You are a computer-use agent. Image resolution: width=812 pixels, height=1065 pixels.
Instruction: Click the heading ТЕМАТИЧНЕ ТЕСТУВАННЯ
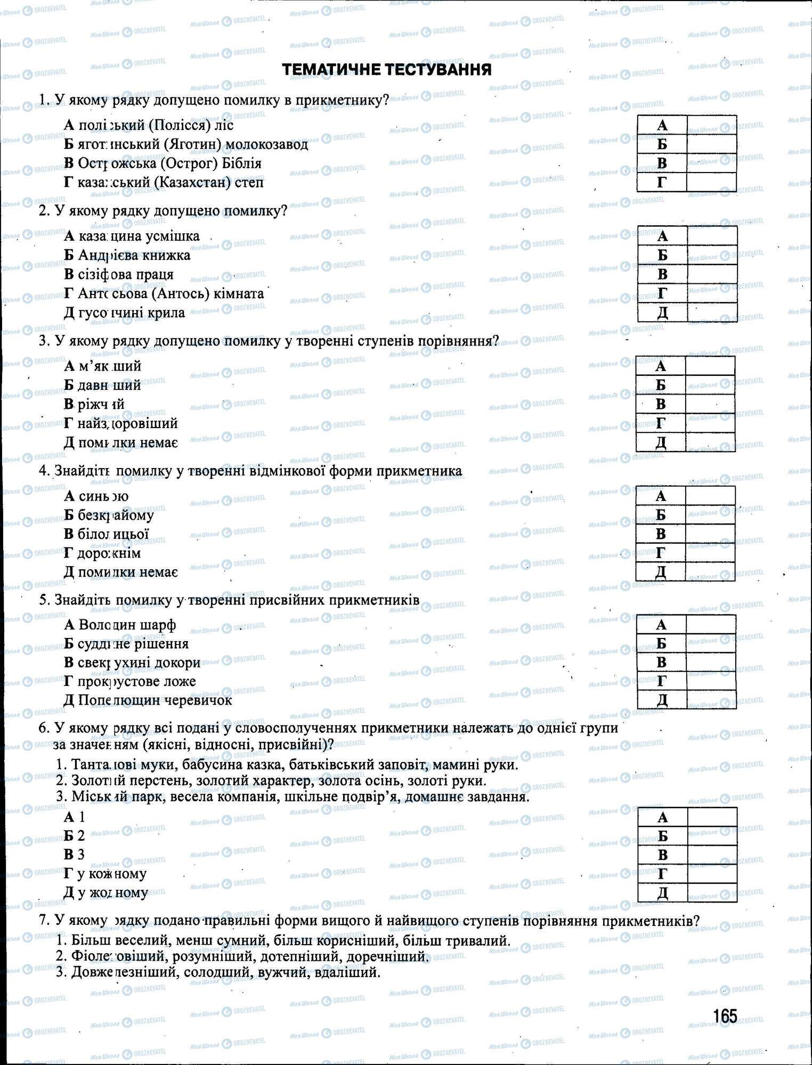pyautogui.click(x=386, y=70)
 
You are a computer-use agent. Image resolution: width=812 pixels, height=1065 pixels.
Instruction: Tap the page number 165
pyautogui.click(x=725, y=1016)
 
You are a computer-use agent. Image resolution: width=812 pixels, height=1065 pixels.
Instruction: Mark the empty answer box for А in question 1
pyautogui.click(x=711, y=125)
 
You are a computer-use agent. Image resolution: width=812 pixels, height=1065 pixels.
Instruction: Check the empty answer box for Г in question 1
pyautogui.click(x=711, y=183)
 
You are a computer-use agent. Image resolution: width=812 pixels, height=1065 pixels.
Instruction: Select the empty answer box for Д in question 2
pyautogui.click(x=712, y=313)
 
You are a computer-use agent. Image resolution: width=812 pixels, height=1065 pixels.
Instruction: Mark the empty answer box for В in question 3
pyautogui.click(x=710, y=404)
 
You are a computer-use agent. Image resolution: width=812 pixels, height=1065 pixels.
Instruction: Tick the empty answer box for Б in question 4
pyautogui.click(x=710, y=515)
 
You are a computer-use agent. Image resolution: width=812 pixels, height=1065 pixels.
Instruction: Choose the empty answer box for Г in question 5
pyautogui.click(x=711, y=681)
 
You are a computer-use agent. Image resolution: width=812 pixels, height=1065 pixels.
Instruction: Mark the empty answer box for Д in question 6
pyautogui.click(x=712, y=892)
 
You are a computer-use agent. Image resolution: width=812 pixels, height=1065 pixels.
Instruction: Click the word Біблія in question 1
pyautogui.click(x=242, y=163)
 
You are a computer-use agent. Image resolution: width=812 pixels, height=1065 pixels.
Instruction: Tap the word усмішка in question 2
pyautogui.click(x=175, y=236)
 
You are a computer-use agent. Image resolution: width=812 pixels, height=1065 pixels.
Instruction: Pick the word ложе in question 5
pyautogui.click(x=181, y=681)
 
